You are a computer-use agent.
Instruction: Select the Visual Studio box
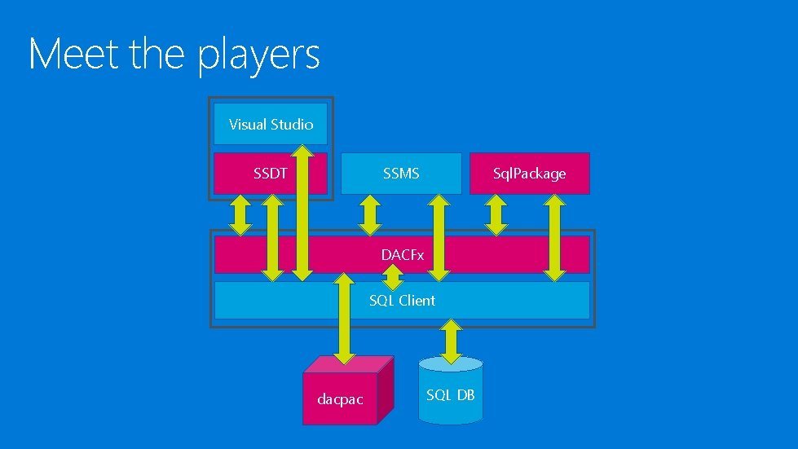tap(271, 124)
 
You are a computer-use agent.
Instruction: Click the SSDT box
tap(253, 173)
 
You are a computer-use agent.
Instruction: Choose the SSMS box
tap(401, 173)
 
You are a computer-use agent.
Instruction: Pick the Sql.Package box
tap(529, 173)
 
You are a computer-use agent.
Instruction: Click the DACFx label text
tap(403, 255)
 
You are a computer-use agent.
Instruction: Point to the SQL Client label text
tap(402, 300)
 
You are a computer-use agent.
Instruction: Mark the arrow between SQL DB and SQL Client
tap(450, 339)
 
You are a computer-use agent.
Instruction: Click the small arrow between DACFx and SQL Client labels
tap(393, 278)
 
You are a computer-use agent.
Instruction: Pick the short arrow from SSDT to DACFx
tap(240, 213)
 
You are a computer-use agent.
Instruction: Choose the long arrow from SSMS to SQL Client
tap(439, 236)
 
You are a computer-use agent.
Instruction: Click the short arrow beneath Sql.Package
tap(496, 213)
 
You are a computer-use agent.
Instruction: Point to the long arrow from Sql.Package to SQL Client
tap(555, 236)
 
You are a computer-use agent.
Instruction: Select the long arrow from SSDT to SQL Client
tap(272, 236)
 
